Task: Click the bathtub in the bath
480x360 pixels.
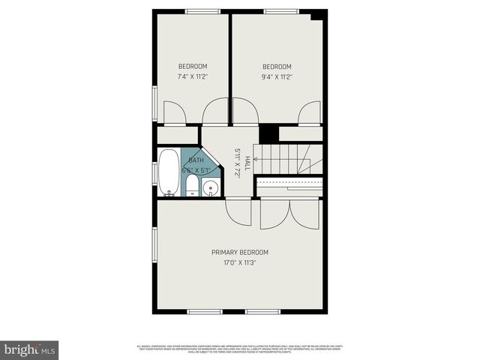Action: point(169,172)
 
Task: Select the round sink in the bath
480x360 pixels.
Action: point(211,187)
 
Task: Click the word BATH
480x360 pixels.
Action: point(196,160)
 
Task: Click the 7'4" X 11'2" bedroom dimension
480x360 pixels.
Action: point(193,76)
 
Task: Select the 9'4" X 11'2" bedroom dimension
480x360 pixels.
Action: point(277,76)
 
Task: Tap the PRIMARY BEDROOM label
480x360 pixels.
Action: point(239,252)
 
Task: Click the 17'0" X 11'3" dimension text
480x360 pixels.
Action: point(239,262)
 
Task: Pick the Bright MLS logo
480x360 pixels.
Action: point(30,349)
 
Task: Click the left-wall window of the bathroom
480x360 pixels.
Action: point(154,172)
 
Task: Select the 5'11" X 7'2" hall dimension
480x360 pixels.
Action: point(236,162)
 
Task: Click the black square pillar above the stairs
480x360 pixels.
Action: point(268,133)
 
